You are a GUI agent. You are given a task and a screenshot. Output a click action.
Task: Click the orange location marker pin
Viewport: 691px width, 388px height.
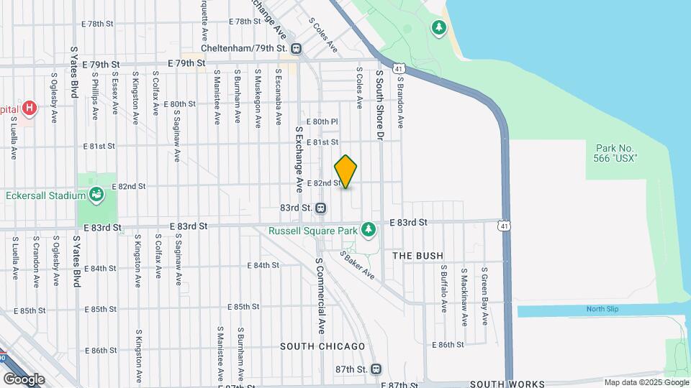coord(345,172)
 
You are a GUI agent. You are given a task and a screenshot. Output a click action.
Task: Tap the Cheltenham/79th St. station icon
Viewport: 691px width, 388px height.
coord(296,48)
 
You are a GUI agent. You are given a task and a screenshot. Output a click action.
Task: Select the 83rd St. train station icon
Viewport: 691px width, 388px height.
coord(321,208)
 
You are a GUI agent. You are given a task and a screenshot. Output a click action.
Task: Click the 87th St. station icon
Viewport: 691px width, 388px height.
coord(376,369)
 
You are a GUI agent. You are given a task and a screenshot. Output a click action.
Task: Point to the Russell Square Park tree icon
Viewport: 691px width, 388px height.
coord(369,228)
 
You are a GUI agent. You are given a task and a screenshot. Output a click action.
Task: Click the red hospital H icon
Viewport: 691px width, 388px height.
coord(29,108)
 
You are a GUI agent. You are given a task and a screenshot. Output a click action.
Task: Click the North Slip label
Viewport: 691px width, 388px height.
coord(602,310)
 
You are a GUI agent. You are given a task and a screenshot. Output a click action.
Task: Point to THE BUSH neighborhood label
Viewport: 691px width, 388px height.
coord(417,256)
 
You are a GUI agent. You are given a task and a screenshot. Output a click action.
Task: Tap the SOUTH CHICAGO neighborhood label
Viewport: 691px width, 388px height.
coord(323,346)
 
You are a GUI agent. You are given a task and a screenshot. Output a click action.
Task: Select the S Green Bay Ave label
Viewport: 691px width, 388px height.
coord(485,295)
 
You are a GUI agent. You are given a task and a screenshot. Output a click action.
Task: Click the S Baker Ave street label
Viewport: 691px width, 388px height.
coord(358,265)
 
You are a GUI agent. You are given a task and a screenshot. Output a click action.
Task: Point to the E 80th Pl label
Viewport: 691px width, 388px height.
coord(322,121)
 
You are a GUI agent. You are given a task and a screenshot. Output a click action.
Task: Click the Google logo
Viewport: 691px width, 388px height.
coord(24,379)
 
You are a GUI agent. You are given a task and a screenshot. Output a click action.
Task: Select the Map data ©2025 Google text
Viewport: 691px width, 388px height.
coord(645,382)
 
